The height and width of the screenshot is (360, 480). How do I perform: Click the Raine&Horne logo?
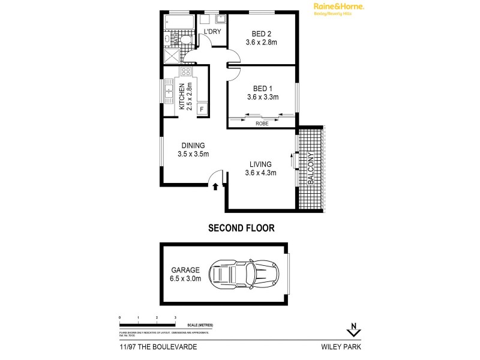[339, 8]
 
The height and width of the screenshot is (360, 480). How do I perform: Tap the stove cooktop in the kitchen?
[185, 74]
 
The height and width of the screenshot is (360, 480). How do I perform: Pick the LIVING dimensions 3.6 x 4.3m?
[261, 173]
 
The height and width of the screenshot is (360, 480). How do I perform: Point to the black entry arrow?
[215, 187]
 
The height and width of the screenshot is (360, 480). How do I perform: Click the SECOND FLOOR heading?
[241, 228]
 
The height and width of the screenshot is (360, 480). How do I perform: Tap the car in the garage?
[245, 275]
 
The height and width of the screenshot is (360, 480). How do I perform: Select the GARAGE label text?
[185, 271]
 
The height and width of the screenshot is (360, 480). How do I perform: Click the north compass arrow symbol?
[353, 330]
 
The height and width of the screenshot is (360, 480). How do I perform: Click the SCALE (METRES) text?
[200, 325]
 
